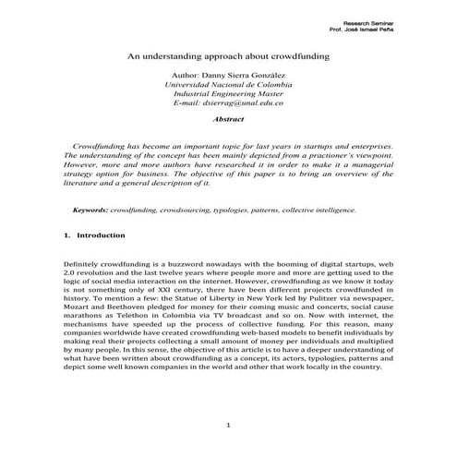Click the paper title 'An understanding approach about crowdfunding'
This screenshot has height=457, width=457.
[228, 54]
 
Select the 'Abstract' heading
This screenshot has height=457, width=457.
[227, 119]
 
